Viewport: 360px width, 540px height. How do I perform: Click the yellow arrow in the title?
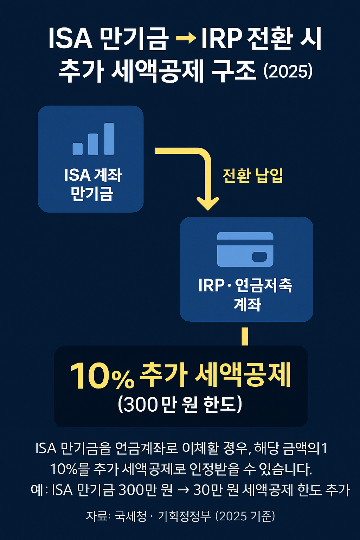point(185,38)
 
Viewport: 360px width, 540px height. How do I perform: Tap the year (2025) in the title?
point(288,71)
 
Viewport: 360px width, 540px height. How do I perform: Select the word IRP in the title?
point(221,38)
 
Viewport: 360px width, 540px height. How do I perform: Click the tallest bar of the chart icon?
point(109,139)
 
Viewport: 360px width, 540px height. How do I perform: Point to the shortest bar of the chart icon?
point(78,149)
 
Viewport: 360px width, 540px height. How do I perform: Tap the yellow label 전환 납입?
point(253,175)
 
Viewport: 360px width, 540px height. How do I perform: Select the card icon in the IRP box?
point(245,249)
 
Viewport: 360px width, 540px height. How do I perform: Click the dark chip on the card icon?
point(260,257)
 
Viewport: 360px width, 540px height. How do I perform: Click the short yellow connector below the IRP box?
point(245,336)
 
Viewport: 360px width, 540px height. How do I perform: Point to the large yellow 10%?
point(102,376)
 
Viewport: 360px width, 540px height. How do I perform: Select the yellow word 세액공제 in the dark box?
point(243,375)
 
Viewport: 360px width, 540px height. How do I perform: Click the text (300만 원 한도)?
point(180,404)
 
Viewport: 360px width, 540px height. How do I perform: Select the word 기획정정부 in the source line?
point(184,516)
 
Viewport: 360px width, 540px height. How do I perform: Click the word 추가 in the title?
point(81,71)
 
